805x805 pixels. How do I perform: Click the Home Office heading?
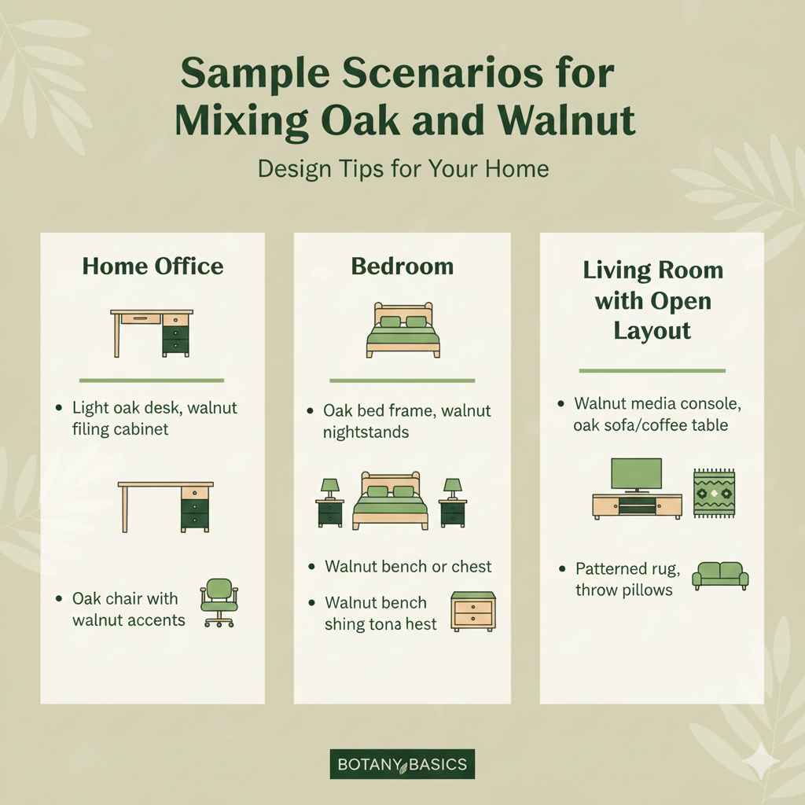(153, 266)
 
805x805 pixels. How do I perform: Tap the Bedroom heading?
(402, 266)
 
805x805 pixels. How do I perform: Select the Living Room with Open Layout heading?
(652, 300)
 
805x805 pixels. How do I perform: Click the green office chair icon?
(219, 602)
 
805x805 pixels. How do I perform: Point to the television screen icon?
(636, 474)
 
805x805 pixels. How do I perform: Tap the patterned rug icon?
(714, 493)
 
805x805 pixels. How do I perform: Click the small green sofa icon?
(720, 575)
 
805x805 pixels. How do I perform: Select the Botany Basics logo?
(402, 763)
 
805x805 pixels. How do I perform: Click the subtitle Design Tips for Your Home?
(403, 169)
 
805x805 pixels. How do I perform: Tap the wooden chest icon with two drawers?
(473, 612)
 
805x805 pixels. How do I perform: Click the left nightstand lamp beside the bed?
(330, 488)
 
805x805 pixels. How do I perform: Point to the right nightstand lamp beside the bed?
(453, 488)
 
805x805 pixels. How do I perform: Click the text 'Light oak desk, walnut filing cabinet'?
(154, 419)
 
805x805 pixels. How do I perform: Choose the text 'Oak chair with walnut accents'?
(129, 609)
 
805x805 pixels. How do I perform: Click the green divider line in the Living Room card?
(652, 370)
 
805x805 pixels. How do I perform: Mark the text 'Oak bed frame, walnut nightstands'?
(406, 421)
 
